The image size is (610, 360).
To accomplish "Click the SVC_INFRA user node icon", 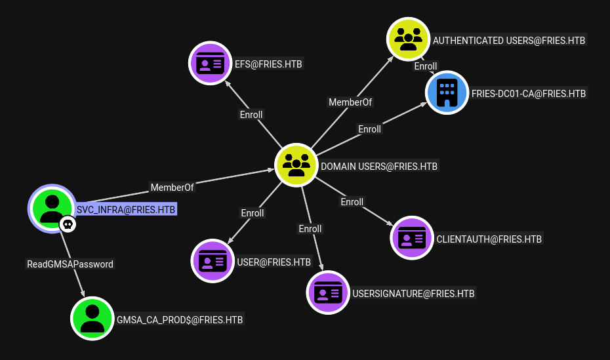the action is [52, 209].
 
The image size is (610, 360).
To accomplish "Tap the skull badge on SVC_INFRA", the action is [68, 224].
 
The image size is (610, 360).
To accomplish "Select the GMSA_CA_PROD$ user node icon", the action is [92, 319].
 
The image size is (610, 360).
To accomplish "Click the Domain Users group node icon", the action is [296, 165].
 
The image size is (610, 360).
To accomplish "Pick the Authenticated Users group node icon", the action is [408, 39].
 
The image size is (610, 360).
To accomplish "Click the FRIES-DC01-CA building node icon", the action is [447, 92].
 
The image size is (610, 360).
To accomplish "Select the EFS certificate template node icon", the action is [211, 63].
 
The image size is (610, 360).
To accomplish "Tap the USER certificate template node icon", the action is [213, 261].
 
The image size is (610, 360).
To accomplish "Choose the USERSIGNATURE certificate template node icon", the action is [328, 292].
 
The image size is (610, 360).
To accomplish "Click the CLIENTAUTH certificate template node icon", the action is [412, 238].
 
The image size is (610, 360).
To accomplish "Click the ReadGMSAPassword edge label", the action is [70, 264].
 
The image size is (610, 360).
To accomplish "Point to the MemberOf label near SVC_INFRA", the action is [172, 188].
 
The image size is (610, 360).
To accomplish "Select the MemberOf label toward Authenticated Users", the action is [350, 102].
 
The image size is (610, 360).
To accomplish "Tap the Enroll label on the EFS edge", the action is [251, 115].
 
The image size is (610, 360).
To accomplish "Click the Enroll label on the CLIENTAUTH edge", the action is [352, 202].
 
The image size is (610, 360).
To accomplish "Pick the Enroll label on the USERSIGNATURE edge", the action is [310, 229].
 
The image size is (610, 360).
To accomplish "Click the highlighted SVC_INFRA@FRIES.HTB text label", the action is [126, 210].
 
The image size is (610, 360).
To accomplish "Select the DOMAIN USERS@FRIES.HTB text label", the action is [379, 167].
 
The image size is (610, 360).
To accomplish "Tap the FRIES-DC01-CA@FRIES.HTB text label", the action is [529, 94].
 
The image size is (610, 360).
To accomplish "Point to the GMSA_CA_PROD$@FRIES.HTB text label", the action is [180, 319].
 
